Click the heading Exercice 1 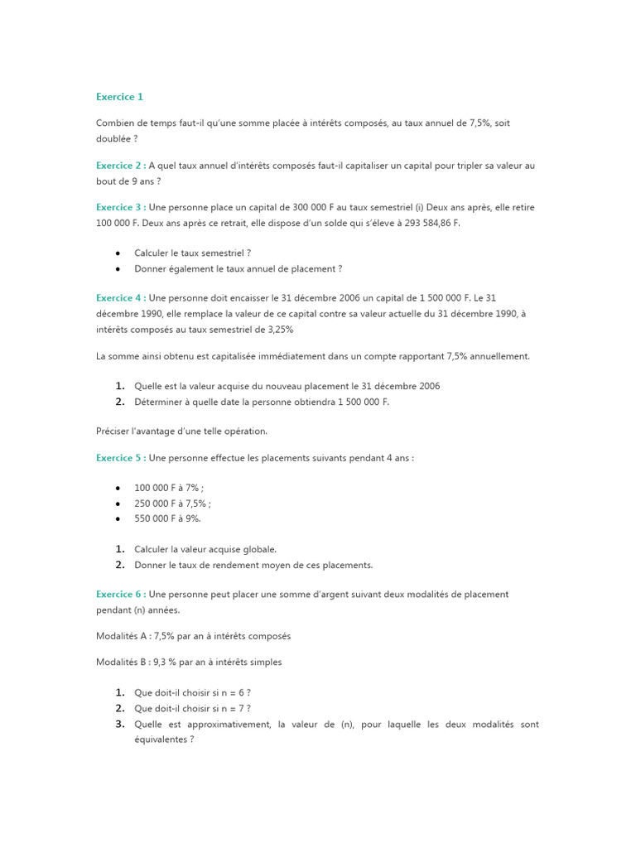click(x=119, y=97)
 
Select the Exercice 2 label click(x=121, y=166)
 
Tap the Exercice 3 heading click(x=121, y=207)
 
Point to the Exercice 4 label click(x=121, y=297)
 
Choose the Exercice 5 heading click(x=121, y=458)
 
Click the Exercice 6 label click(x=121, y=594)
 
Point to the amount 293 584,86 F click(x=423, y=223)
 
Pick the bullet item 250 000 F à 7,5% click(x=172, y=503)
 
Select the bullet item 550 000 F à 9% click(x=167, y=518)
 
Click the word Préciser click(x=113, y=431)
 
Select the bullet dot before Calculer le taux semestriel click(x=119, y=253)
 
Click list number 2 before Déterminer click(x=120, y=402)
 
